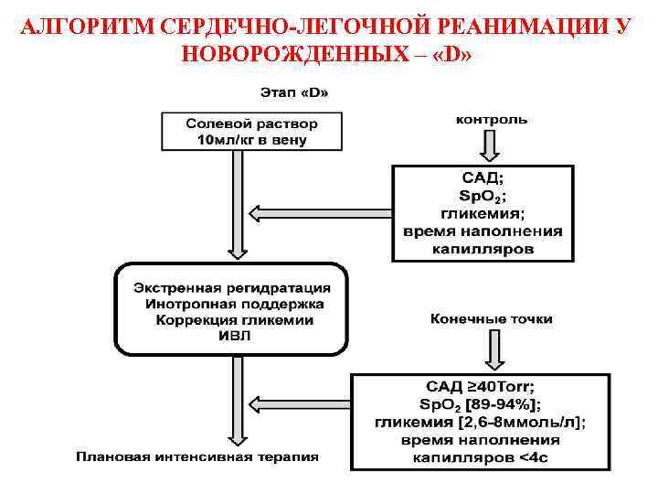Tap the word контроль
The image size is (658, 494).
(x=492, y=120)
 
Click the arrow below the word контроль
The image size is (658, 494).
(x=492, y=145)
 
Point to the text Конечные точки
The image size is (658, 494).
(x=492, y=319)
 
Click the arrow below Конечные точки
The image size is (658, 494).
(x=492, y=349)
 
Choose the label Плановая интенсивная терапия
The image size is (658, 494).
(x=197, y=456)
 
